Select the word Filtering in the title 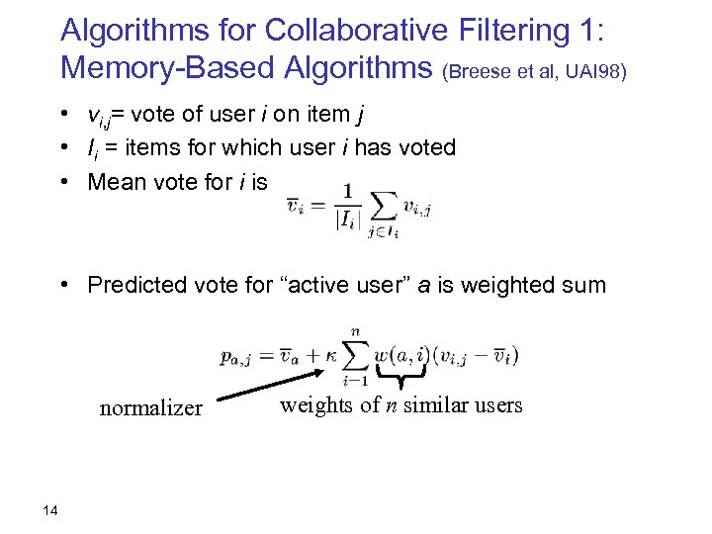(x=514, y=31)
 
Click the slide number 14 (x=51, y=509)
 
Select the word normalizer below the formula (x=150, y=408)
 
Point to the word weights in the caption (x=312, y=404)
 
